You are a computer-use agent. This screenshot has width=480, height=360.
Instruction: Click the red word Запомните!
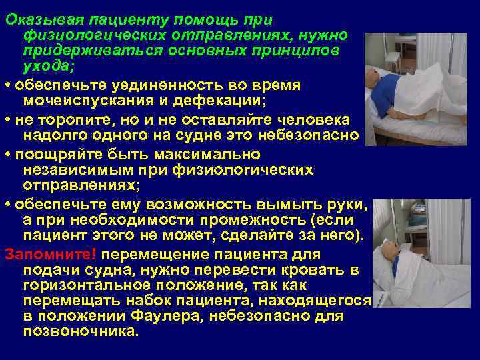point(51,254)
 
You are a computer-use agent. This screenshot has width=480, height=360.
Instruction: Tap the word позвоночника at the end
point(80,331)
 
